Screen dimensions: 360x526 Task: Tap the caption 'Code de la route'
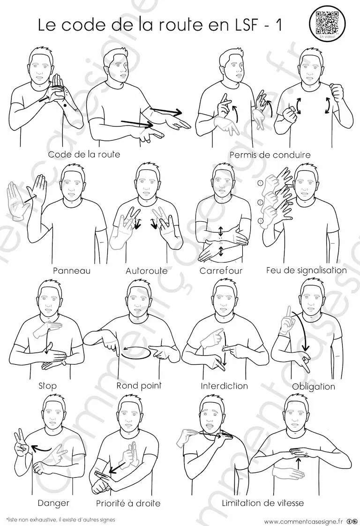(84, 154)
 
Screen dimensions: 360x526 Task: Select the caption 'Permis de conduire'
(270, 155)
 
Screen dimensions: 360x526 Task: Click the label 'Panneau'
(72, 271)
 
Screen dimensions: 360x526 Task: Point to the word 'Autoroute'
(146, 271)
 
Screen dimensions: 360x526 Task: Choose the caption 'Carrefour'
(221, 271)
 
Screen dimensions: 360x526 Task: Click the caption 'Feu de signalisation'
(306, 270)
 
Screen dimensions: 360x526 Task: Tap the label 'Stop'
(47, 386)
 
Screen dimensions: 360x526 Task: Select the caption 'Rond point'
(139, 385)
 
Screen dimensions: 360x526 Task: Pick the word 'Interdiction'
(224, 386)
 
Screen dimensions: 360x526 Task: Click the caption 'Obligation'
(314, 386)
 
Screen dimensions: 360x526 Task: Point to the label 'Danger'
(53, 503)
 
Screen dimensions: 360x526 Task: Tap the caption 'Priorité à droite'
(128, 503)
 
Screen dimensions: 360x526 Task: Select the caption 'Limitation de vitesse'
(262, 503)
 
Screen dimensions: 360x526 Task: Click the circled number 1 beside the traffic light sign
(260, 183)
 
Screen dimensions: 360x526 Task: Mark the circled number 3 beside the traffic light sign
(260, 220)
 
